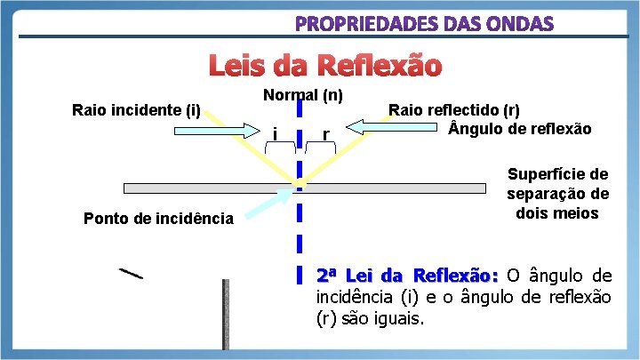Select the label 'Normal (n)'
click(x=304, y=94)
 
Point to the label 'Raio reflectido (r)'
click(x=454, y=111)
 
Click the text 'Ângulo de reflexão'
click(x=520, y=129)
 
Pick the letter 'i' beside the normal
click(x=276, y=133)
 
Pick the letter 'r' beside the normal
click(x=326, y=134)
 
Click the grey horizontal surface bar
click(x=204, y=188)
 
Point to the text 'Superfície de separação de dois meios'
click(x=557, y=194)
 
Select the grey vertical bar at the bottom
click(x=226, y=316)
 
